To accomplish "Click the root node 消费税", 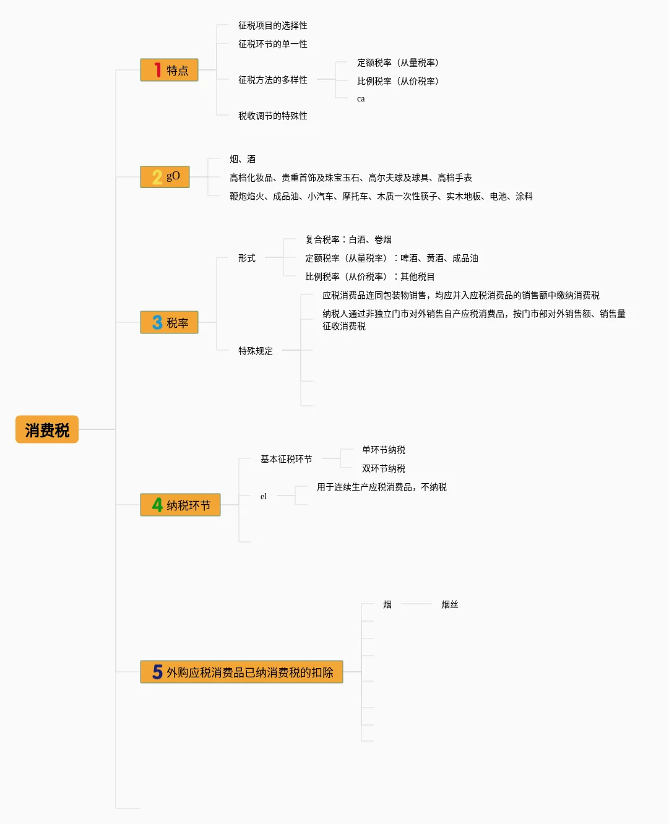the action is tap(47, 430).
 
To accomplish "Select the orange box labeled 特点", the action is tap(169, 70).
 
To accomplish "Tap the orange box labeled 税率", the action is tap(169, 322).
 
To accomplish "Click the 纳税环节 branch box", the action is tap(180, 505).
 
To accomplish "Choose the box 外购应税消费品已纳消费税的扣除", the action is tap(241, 672).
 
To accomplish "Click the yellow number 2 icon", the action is tap(157, 178).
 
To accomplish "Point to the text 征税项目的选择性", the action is tap(272, 25).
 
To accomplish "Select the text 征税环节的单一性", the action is tap(272, 44).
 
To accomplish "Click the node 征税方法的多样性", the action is tap(272, 80).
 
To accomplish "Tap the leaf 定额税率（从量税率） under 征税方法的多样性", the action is tap(397, 62).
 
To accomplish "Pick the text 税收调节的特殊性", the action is tap(272, 116).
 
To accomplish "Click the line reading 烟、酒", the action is tap(242, 159).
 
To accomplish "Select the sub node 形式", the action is tap(246, 258).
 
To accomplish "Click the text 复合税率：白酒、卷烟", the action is tap(348, 239).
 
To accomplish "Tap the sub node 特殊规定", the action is tap(255, 351).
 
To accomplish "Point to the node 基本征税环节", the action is tap(286, 459).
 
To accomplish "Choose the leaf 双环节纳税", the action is tap(383, 468).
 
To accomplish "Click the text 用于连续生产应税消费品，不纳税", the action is tap(381, 487).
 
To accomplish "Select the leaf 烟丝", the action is tap(449, 604).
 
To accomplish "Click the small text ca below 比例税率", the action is tap(361, 99).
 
